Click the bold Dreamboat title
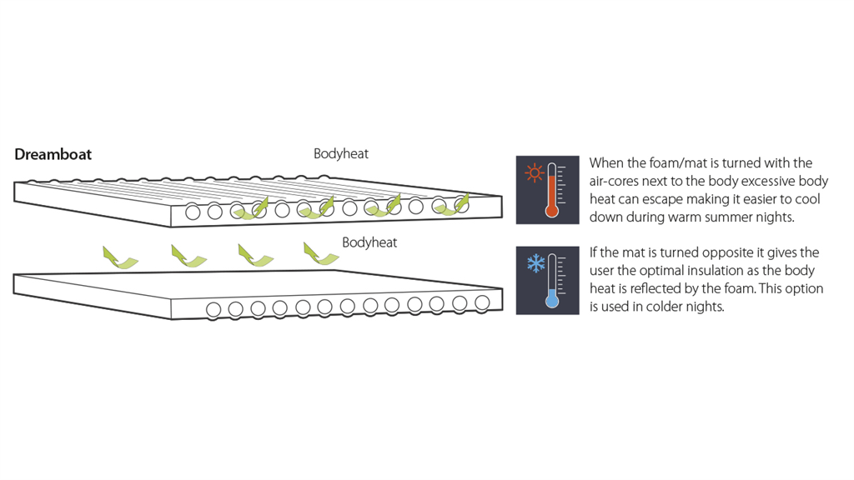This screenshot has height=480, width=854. pyautogui.click(x=53, y=154)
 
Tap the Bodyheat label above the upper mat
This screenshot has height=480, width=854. pyautogui.click(x=340, y=153)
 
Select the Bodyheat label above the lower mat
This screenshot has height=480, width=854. pyautogui.click(x=369, y=242)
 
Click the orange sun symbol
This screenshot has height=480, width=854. pyautogui.click(x=534, y=174)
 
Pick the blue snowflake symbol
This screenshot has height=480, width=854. pyautogui.click(x=534, y=265)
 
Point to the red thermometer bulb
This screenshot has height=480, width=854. pyautogui.click(x=551, y=210)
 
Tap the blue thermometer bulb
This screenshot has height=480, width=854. pyautogui.click(x=551, y=300)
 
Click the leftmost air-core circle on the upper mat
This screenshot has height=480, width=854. pyautogui.click(x=193, y=212)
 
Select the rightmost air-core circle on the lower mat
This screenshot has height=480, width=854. pyautogui.click(x=481, y=302)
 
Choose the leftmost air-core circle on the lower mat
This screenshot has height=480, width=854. pyautogui.click(x=213, y=310)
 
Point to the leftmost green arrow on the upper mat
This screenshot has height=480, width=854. pyautogui.click(x=252, y=208)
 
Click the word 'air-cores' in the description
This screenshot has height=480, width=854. pyautogui.click(x=615, y=181)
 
